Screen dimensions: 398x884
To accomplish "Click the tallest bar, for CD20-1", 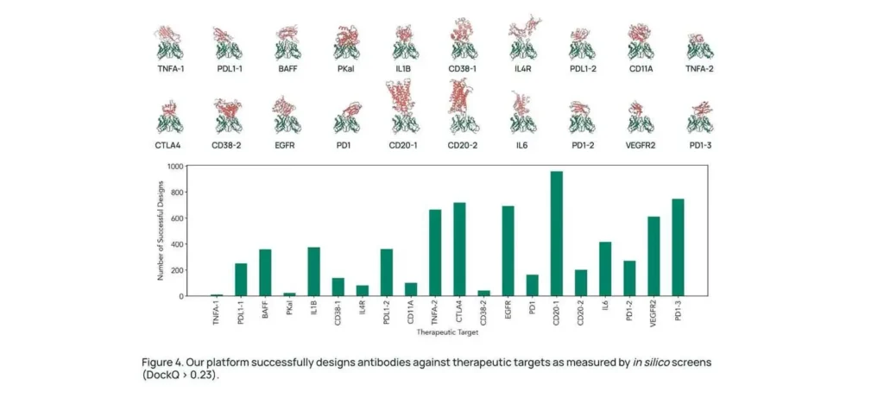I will [x=556, y=234].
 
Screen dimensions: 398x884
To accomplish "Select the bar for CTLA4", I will [x=459, y=250].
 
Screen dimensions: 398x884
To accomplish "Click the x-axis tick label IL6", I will [x=604, y=309].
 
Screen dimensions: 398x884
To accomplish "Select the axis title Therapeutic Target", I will [x=447, y=332].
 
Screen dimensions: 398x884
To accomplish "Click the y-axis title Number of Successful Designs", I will [x=161, y=231].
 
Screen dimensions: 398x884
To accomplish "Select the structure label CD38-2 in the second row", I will [x=226, y=145].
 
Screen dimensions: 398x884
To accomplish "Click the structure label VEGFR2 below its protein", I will [x=640, y=145].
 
